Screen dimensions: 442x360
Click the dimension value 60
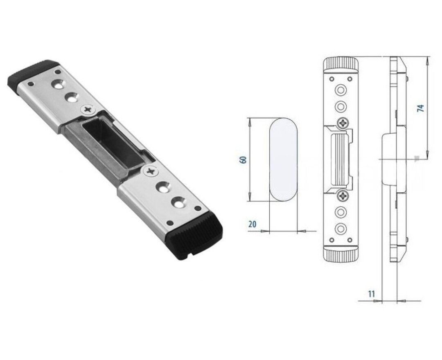coord(243,160)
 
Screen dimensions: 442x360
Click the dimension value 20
coord(253,224)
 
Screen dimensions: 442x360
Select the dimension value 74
coord(420,108)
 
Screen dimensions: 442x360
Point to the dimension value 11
coord(372,294)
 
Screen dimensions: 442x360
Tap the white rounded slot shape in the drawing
coord(283,160)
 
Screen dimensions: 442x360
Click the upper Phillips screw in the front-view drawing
coord(343,123)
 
